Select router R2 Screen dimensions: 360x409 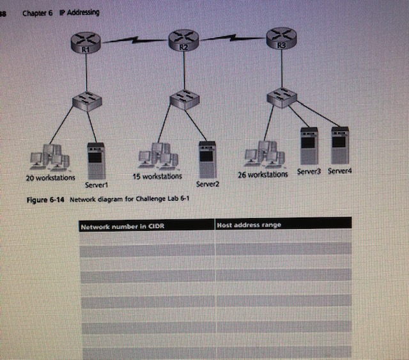(x=183, y=42)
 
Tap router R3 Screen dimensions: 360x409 (x=282, y=38)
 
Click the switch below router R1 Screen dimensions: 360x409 (x=87, y=100)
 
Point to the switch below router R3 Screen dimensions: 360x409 (x=282, y=97)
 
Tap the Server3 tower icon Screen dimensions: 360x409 (x=309, y=146)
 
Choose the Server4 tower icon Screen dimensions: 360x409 (x=339, y=146)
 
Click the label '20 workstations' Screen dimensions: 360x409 (x=50, y=178)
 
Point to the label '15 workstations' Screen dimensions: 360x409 (x=157, y=176)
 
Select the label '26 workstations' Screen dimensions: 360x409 (x=263, y=174)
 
